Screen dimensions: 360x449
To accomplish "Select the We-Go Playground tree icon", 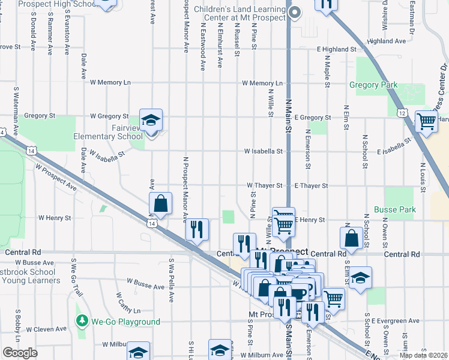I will (x=82, y=322).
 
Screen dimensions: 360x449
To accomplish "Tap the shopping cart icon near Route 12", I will (x=426, y=121).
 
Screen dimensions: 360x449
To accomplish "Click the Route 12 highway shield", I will (x=401, y=113).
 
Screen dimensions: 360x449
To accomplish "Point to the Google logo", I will (x=20, y=353).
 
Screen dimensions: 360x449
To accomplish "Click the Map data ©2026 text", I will (x=423, y=355).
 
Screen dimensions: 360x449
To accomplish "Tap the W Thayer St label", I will (x=264, y=186).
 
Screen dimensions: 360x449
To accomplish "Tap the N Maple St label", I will (x=328, y=70).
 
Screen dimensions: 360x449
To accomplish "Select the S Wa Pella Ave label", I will (x=171, y=281).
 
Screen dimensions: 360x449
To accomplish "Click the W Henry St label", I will (x=55, y=218).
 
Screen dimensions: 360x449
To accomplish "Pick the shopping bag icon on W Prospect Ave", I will (x=161, y=203).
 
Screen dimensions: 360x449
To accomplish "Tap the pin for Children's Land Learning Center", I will (x=294, y=13).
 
